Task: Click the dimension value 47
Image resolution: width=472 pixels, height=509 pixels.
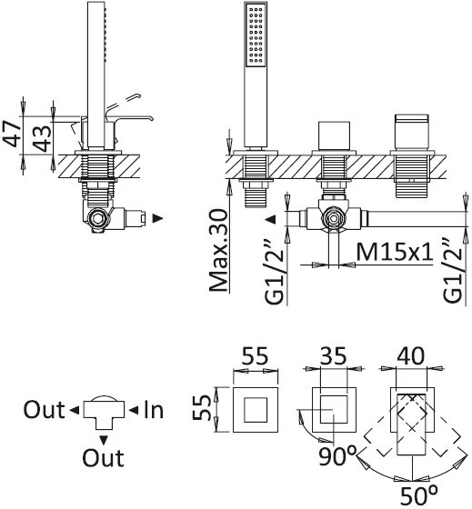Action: coord(12,134)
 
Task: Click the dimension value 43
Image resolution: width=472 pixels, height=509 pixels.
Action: coord(43,138)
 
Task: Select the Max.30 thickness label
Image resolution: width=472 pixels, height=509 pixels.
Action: coord(218,250)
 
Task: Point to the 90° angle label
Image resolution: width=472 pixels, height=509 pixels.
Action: coord(337,456)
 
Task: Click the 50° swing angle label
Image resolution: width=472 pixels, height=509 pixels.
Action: coord(418,495)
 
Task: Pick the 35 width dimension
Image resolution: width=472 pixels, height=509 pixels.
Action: coord(334,355)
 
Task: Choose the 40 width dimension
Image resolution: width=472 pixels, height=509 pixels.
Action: coord(411,355)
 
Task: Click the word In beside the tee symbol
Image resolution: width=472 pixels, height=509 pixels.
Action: coord(154,410)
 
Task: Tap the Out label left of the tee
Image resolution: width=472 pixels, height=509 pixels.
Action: coord(44,410)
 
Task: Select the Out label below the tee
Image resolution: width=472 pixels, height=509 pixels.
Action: coord(103,458)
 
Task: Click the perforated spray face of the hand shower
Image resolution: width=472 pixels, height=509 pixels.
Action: coord(256,35)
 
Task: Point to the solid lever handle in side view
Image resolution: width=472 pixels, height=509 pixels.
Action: coord(130,120)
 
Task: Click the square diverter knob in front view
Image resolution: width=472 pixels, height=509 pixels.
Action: coord(334,135)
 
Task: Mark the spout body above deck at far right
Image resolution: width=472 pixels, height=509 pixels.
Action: coord(412,132)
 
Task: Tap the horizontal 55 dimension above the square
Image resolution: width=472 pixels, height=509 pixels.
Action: coord(256,355)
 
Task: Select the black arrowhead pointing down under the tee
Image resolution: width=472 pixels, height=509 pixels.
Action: coord(104,440)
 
